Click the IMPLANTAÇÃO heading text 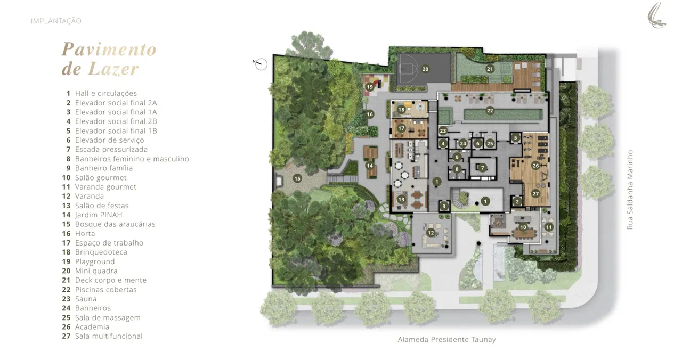point(56,21)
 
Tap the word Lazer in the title point(113,69)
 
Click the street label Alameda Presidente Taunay point(446,339)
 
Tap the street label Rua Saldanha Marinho point(630,190)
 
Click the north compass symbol point(261,64)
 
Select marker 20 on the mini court point(425,69)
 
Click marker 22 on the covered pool point(490,110)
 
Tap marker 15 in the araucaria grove point(297,178)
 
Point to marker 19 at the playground point(370,87)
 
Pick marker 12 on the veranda point(431,233)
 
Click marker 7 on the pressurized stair point(482,168)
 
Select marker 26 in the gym point(535,166)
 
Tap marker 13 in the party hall point(401,200)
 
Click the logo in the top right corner point(657,15)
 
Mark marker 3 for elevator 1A point(444,206)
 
